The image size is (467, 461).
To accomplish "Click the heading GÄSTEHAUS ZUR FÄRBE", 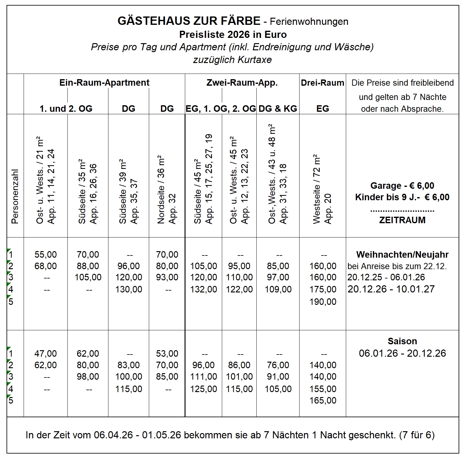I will pos(189,21).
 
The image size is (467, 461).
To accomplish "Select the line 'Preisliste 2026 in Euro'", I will pos(233,34).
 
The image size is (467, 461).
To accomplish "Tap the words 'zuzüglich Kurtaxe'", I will pos(232,60).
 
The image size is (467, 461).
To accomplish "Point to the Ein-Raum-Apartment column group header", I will pos(104,83).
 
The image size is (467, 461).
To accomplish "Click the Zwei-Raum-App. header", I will pos(242,83).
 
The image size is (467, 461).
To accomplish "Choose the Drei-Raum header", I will pos(323,83).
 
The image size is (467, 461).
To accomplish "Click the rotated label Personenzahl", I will pos(15,196).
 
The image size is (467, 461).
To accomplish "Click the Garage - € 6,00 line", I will pos(402,186).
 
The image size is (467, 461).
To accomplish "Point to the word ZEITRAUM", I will pos(402,220).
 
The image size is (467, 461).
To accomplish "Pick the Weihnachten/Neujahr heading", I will pos(402,255).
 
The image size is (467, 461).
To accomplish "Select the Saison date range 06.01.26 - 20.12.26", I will pos(402,353).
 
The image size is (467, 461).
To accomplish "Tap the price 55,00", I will pos(46,255).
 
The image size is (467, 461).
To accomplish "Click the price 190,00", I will pos(323,301).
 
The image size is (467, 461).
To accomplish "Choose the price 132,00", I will pos(204,289).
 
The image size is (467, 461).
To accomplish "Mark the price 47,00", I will pos(46,354).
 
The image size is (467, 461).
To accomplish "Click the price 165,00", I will pos(323,400).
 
